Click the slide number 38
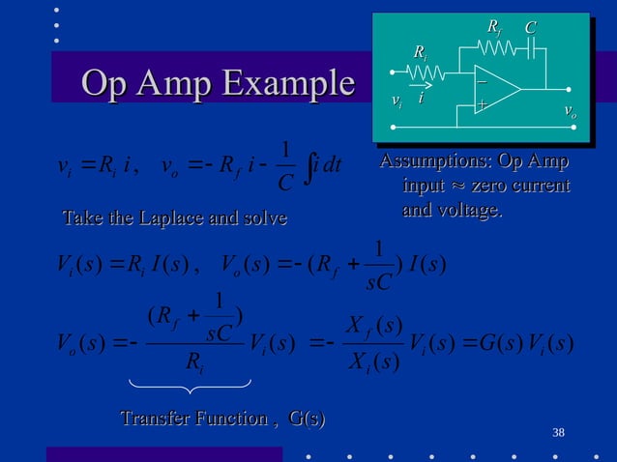[558, 431]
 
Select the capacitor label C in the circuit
[530, 31]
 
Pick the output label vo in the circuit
[570, 113]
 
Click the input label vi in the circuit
[396, 99]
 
